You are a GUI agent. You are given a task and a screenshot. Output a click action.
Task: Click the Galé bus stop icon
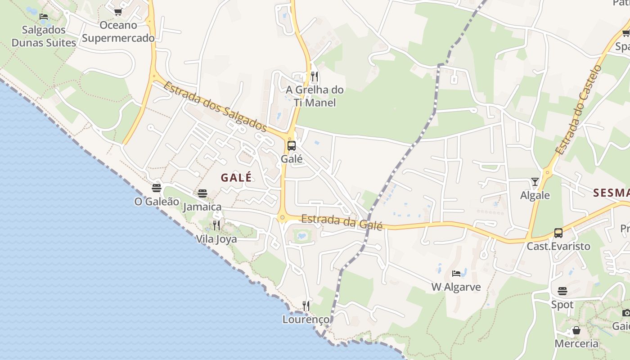click(292, 146)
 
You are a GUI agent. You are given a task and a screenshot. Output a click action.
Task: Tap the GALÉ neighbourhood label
click(236, 178)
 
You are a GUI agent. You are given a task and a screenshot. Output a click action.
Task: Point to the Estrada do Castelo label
click(579, 110)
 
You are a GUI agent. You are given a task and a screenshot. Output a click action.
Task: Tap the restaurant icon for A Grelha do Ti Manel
click(315, 76)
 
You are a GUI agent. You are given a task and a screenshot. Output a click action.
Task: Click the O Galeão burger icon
click(157, 188)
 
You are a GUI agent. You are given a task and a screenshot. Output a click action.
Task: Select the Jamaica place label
click(202, 207)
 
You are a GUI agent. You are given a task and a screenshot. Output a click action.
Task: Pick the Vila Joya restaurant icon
click(216, 225)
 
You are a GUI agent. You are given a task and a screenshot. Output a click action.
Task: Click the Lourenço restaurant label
click(306, 319)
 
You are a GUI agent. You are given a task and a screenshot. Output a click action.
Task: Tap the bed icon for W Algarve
click(456, 274)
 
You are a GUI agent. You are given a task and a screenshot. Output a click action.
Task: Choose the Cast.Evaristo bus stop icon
click(558, 233)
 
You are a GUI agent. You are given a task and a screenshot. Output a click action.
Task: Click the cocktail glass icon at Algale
click(535, 182)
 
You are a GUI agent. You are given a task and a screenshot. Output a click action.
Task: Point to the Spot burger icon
click(562, 291)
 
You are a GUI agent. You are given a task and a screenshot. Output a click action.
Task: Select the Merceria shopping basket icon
click(576, 331)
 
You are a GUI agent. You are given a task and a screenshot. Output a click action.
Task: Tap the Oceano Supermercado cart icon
click(118, 12)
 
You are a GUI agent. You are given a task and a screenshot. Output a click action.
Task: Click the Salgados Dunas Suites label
click(44, 36)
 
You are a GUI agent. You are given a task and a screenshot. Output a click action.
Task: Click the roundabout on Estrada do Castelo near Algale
click(548, 172)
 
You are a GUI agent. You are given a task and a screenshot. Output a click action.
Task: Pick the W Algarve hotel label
click(456, 287)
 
